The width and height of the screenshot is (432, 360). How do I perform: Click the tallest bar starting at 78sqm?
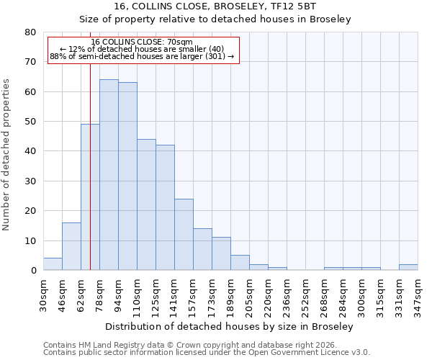point(109,175)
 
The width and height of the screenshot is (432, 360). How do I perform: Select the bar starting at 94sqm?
point(127,176)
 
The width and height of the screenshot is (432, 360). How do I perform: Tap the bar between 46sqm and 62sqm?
point(71,246)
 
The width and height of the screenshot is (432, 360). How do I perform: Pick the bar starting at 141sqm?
point(184,234)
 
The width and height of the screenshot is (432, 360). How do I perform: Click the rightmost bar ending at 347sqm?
point(408,267)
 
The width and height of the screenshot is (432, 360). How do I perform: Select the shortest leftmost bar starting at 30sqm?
point(53,264)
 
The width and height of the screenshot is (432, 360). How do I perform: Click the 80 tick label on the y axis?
point(30,32)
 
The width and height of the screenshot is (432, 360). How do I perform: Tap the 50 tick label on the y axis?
point(30,122)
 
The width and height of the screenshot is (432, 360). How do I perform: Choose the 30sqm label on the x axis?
point(43,294)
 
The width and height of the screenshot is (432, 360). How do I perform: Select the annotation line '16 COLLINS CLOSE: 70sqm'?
point(142,42)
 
